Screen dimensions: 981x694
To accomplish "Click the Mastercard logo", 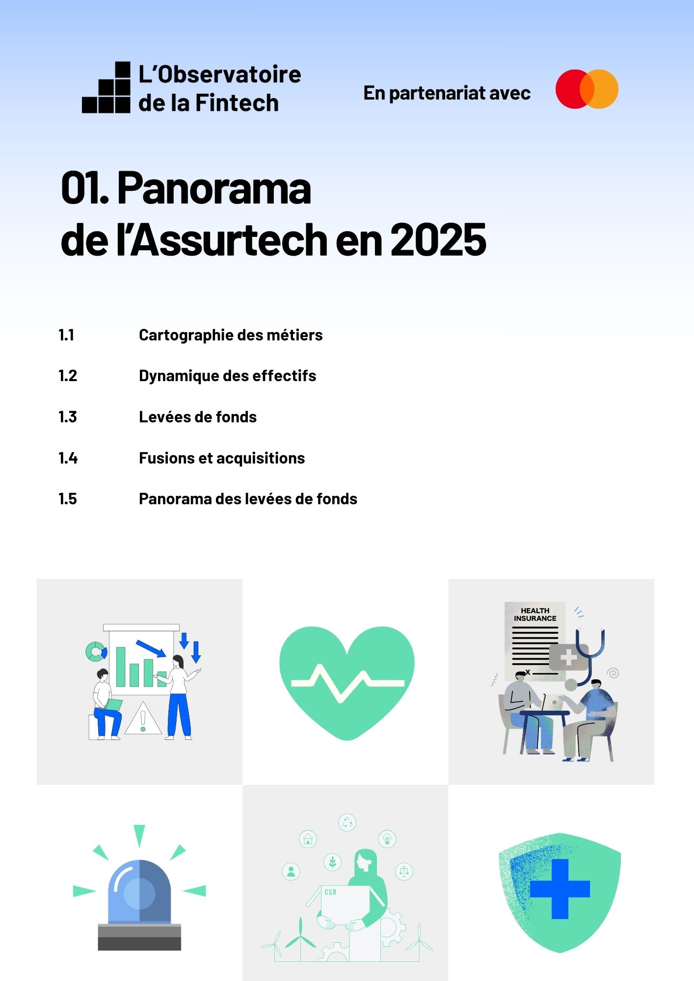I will pos(587,89).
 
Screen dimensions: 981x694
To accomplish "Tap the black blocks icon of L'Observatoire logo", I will pos(107,88).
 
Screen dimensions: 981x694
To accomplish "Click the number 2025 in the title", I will pos(438,240).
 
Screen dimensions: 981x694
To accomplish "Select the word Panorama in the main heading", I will pos(214,188).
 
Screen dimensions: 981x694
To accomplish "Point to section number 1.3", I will pos(68,417).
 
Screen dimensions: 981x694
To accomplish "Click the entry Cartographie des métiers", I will pos(231,335).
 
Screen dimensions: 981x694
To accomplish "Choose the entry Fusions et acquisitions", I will pos(222,458).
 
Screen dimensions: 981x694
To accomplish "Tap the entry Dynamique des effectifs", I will pos(227,376).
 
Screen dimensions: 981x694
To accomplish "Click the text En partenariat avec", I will pos(447,93).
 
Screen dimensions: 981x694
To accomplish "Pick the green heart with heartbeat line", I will pos(347,682).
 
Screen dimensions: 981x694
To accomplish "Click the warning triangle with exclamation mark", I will pos(143,720).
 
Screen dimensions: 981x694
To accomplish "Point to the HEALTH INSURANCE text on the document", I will pos(535,615).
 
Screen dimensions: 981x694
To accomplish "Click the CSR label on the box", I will pos(330,892).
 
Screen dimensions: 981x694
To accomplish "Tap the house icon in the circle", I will pos(308,839).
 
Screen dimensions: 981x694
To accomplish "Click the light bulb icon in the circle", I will pos(387,839).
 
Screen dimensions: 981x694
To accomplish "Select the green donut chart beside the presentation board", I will pos(96,651).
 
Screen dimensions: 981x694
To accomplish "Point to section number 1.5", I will pos(68,499).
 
